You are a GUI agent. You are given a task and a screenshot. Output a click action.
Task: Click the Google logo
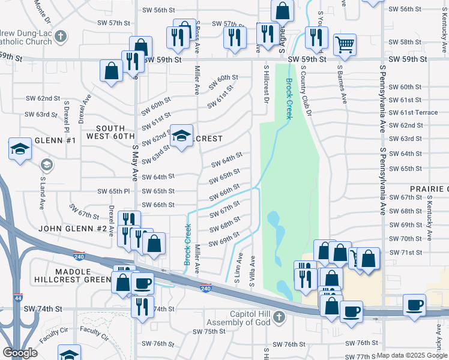[x=20, y=353]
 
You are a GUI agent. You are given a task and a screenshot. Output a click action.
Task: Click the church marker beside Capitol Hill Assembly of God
[x=279, y=317]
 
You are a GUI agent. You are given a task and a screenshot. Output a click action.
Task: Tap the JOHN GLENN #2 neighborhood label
[x=73, y=229]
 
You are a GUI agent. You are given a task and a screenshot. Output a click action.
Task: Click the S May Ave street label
[x=136, y=161]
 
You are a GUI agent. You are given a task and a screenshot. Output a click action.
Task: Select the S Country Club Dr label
[x=304, y=89]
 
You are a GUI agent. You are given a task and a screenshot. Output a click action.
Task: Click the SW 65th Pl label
[x=113, y=191]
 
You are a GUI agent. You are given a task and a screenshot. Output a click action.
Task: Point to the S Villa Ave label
[x=253, y=271]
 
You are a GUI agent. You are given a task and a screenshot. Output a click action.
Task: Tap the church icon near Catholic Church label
[x=60, y=37]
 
